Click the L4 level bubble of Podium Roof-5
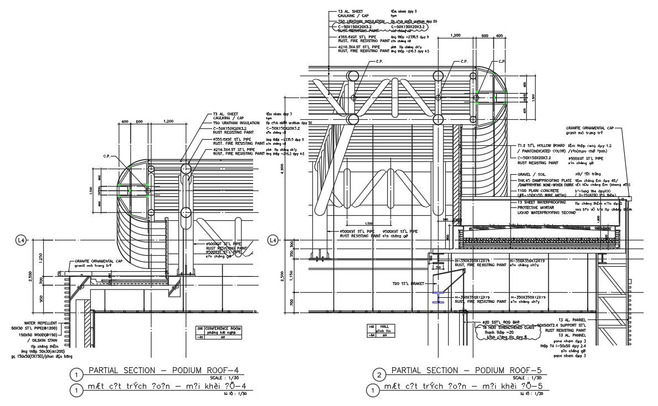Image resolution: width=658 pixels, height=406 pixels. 272,240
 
